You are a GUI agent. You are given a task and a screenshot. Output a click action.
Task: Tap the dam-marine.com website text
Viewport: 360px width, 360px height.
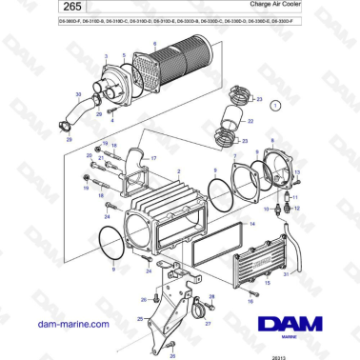[x=66, y=324]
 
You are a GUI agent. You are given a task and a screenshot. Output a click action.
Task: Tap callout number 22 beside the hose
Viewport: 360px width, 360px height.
[x=250, y=123]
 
